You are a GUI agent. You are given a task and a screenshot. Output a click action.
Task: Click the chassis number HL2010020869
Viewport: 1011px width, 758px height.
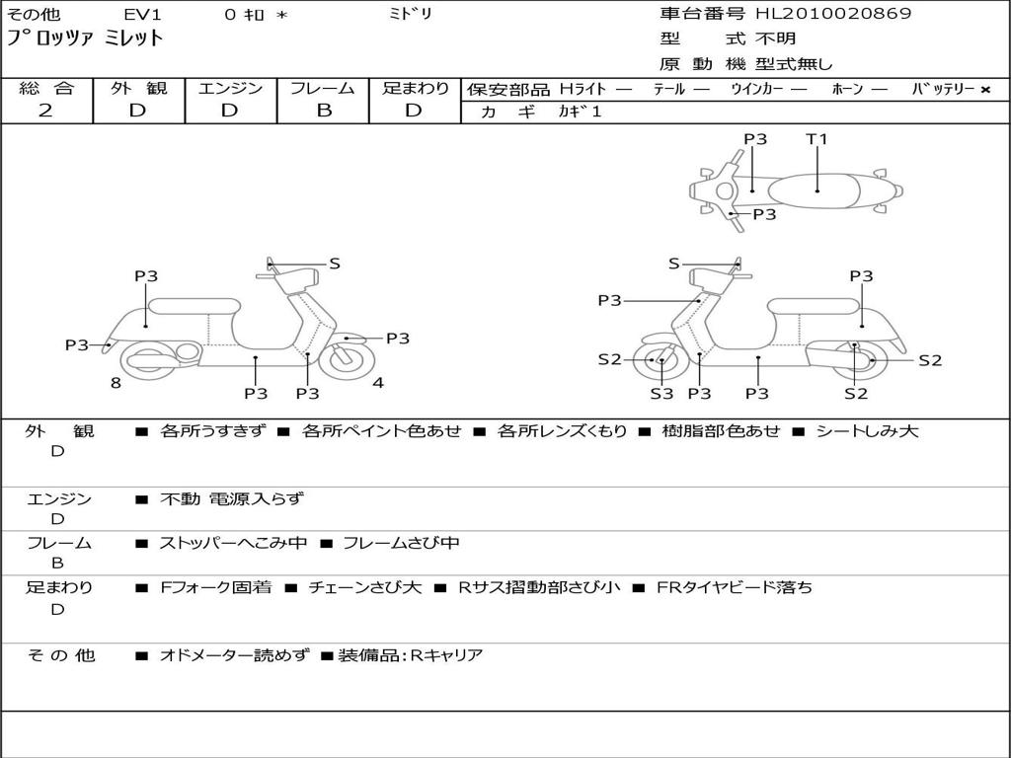833,14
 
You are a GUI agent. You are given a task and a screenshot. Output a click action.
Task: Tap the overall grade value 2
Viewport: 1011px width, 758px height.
45,111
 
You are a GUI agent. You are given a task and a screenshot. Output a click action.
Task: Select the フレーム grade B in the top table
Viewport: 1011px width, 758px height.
323,111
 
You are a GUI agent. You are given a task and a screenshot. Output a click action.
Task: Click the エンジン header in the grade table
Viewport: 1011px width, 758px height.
230,88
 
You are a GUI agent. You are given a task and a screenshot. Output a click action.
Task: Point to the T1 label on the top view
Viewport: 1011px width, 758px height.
817,139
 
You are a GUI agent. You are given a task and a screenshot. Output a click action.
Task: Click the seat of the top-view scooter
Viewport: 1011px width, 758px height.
816,189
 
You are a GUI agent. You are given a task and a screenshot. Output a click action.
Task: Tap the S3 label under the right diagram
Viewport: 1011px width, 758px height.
661,394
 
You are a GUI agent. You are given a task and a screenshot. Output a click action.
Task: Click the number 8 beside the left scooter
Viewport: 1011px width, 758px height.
116,383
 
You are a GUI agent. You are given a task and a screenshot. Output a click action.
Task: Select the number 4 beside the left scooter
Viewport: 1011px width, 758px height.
378,383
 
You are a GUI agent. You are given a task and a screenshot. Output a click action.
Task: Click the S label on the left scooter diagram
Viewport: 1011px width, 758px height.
334,264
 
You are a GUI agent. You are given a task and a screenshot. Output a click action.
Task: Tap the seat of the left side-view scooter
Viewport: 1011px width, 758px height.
194,306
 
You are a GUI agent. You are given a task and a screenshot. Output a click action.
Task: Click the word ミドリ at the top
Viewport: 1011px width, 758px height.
411,15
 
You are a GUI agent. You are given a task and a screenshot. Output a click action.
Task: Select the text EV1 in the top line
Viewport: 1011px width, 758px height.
142,15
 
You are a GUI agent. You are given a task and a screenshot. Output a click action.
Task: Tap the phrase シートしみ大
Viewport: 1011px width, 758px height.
867,431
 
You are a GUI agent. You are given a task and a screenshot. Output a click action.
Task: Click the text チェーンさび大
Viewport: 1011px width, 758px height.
364,587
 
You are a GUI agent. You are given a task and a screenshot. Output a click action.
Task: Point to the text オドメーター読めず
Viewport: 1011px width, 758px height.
234,655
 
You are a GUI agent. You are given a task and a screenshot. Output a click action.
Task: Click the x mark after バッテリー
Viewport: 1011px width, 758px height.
984,89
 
